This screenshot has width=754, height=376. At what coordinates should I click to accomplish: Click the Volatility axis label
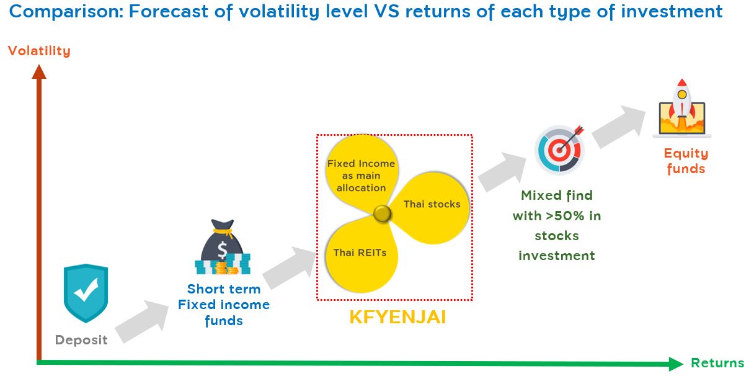pos(40,51)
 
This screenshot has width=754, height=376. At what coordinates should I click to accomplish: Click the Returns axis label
pos(717,363)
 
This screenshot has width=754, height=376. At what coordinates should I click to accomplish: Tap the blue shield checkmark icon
pos(86,293)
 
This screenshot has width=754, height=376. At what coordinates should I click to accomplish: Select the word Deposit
pos(81,340)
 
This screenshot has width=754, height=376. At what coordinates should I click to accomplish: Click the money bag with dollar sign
pos(223,247)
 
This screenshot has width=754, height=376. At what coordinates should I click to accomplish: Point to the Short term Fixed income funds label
pos(224,305)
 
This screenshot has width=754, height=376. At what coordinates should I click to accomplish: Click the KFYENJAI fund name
pos(397,317)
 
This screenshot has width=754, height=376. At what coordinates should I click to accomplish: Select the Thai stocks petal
pos(431,207)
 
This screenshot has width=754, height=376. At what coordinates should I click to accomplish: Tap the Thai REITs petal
pos(360,254)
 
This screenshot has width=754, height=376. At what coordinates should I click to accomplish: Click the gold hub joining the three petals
pos(383,213)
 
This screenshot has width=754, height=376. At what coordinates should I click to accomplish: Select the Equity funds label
pos(686,161)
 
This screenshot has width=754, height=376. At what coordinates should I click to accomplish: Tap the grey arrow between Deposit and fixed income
pos(142,321)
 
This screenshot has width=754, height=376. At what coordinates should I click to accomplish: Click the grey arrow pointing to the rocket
pos(619,127)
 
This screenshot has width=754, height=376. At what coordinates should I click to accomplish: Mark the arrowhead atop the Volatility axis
pos(39,72)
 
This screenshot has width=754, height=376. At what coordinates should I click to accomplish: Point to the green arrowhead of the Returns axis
pos(676,364)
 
